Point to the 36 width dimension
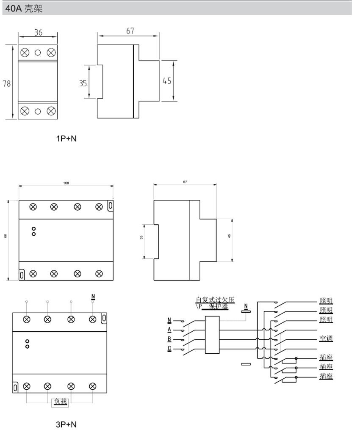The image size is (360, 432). [x=38, y=33]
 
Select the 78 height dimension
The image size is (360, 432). [x=7, y=83]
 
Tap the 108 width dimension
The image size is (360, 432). [x=66, y=183]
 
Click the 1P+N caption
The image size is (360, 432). [x=66, y=138]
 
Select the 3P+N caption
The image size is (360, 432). [x=66, y=424]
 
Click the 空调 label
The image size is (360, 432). [x=326, y=338]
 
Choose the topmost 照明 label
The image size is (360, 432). [x=326, y=301]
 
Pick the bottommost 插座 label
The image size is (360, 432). [x=326, y=376]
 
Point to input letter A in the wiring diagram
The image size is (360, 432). [x=169, y=329]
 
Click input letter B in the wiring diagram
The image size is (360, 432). [x=169, y=339]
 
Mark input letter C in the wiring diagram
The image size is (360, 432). [x=169, y=349]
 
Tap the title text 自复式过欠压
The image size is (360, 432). [x=212, y=300]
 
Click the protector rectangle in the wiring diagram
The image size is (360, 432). [x=212, y=334]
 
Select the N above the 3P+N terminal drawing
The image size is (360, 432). [x=93, y=296]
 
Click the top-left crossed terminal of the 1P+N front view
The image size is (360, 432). [x=25, y=52]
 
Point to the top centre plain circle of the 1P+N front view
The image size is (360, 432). [x=38, y=52]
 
